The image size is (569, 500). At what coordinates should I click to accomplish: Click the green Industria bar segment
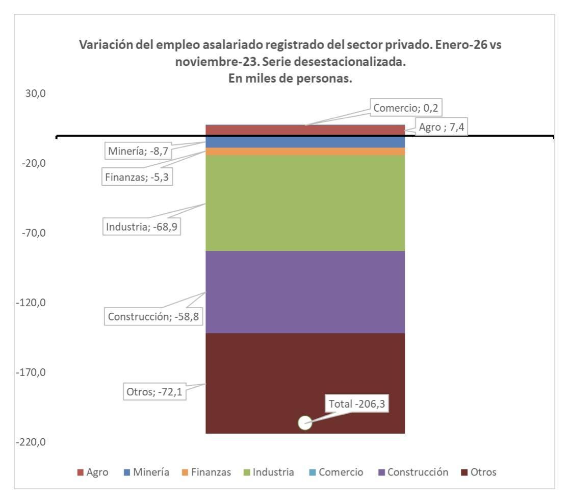305,203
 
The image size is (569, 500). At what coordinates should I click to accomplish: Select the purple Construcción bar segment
305,292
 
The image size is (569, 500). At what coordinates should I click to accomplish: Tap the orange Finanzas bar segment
305,152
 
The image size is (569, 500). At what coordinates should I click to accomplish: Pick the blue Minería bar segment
305,142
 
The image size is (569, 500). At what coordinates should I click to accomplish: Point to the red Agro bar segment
305,130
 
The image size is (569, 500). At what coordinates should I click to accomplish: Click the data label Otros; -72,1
154,393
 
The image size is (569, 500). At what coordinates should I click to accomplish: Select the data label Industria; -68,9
143,226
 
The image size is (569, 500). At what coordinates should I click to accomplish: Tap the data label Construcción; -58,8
153,316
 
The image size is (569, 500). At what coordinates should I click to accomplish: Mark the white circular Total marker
304,423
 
